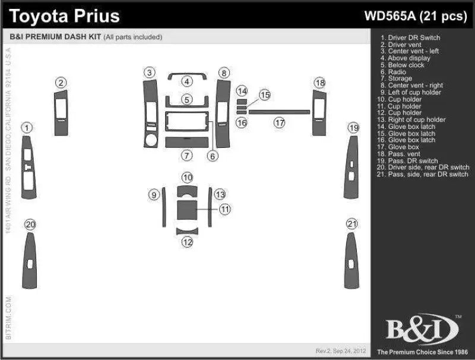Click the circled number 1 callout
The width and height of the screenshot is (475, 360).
click(x=27, y=128)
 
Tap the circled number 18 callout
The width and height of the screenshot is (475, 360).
click(x=320, y=83)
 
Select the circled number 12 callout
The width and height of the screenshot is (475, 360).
click(x=187, y=242)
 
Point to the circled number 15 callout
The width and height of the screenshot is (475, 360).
click(x=265, y=94)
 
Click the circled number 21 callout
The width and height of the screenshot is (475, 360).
click(x=353, y=224)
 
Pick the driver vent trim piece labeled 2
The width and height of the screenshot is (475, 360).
click(x=62, y=114)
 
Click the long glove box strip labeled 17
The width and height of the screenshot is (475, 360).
click(x=279, y=112)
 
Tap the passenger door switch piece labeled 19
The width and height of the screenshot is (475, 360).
click(x=351, y=169)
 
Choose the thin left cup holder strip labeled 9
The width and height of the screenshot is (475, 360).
click(x=163, y=206)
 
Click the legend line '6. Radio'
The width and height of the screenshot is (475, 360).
click(x=397, y=72)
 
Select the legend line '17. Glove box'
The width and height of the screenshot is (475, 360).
click(x=403, y=147)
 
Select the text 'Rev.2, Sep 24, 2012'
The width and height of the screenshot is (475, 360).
click(x=340, y=350)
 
